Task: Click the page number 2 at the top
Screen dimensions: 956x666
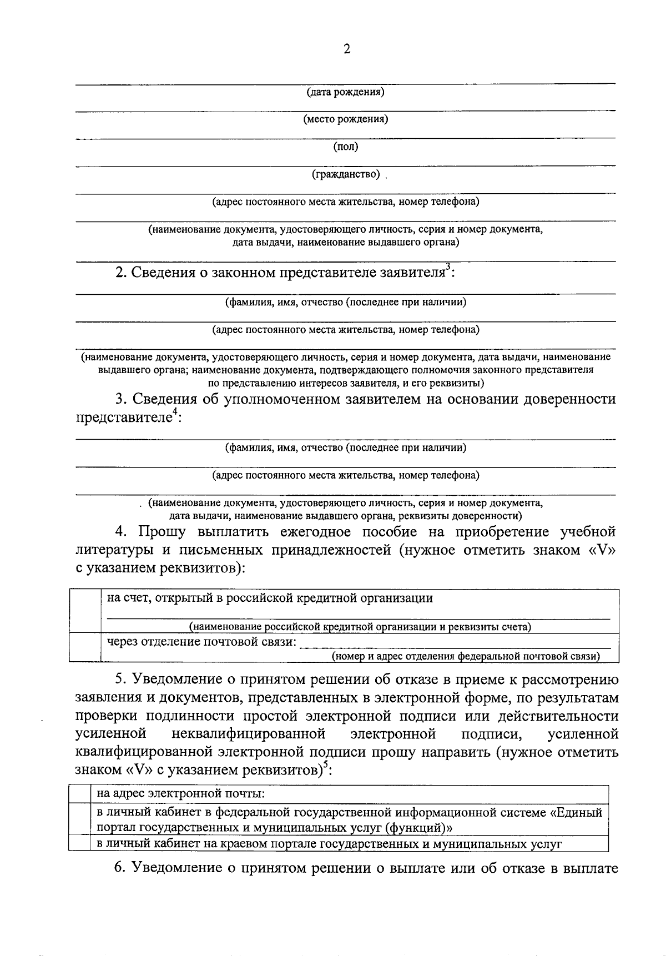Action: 347,49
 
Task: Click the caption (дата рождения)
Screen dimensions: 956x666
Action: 345,92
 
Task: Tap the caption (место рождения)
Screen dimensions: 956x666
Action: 345,119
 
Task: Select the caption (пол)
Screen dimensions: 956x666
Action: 345,147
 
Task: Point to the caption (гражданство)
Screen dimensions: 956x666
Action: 345,175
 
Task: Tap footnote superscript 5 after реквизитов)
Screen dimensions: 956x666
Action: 326,764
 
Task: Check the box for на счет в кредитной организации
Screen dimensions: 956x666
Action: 85,611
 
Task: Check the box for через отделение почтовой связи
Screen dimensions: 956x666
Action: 85,647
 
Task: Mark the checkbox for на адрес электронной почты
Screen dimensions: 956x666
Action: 79,794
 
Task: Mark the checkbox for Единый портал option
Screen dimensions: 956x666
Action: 79,819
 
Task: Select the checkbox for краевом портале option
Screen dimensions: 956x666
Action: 79,844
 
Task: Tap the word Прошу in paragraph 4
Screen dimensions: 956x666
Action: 162,532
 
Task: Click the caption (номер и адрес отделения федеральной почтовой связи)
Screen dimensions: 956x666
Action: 466,656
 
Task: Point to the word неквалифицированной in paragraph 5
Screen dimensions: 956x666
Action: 248,734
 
